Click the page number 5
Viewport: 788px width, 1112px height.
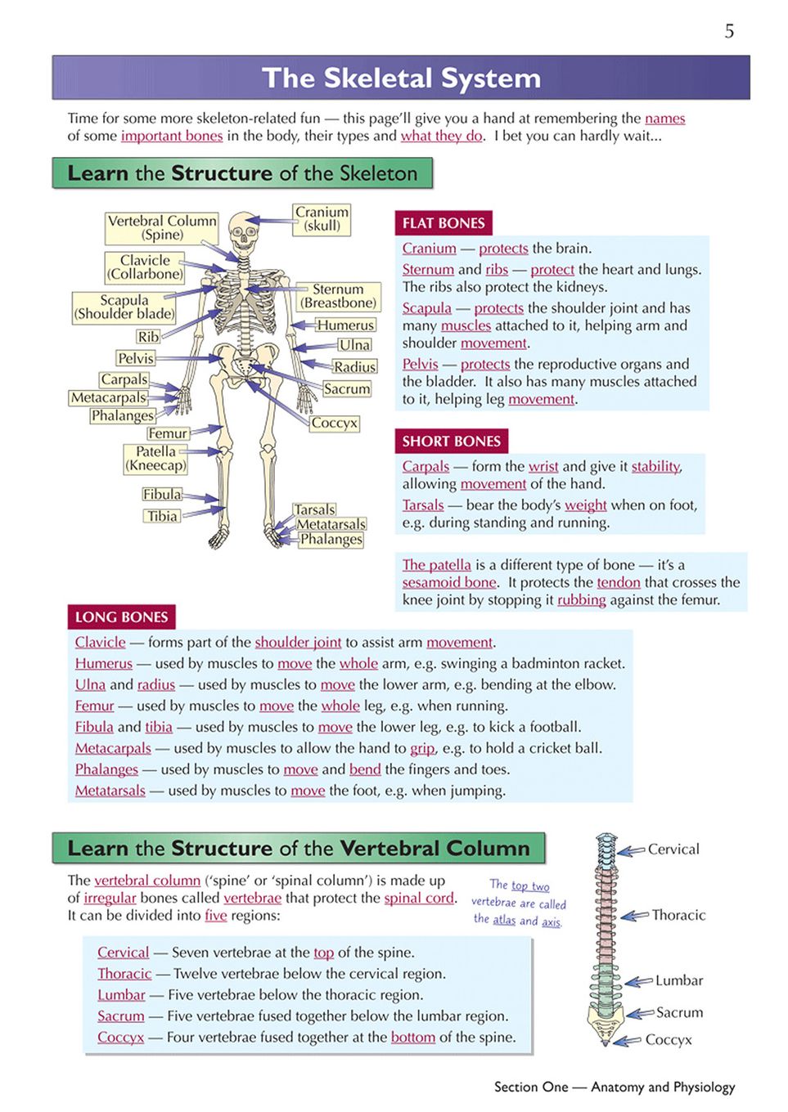(729, 31)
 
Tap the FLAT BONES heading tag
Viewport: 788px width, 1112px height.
(444, 223)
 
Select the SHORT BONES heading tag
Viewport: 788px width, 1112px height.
(451, 441)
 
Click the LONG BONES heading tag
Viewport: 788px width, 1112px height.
(121, 617)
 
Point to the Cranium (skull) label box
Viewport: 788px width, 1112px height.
(322, 219)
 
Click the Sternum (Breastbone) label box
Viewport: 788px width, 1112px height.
(338, 296)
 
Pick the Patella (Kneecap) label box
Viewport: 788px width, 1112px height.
(155, 458)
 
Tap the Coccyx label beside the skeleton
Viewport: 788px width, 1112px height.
(335, 423)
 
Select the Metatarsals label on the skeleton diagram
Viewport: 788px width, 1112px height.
(331, 524)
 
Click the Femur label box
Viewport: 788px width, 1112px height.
(168, 433)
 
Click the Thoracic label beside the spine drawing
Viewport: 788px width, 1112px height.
(678, 915)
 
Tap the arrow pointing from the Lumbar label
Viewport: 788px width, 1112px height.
(639, 981)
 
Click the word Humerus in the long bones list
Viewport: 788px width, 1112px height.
(104, 663)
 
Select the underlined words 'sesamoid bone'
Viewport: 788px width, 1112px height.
(449, 582)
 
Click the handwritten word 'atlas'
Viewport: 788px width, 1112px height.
(504, 920)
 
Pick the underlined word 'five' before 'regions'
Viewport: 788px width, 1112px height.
(216, 915)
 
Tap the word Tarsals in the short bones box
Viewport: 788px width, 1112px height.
(423, 504)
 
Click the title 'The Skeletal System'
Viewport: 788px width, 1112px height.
(402, 78)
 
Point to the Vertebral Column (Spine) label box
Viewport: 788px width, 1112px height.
(161, 228)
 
